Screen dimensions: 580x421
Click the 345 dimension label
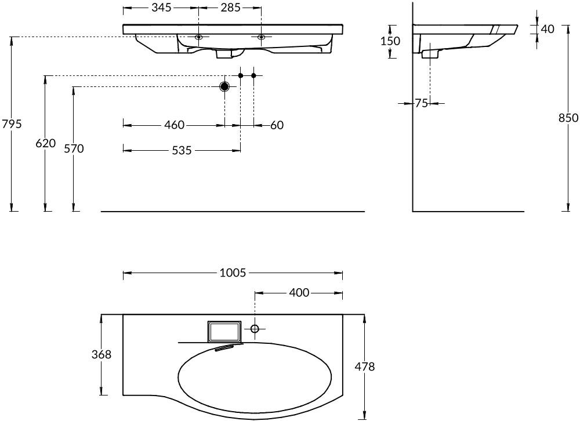click(162, 8)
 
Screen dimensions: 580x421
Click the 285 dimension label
click(230, 8)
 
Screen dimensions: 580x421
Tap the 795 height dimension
click(12, 124)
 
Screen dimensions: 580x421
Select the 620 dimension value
click(45, 143)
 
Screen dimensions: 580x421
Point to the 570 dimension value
click(74, 148)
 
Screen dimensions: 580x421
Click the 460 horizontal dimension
click(174, 125)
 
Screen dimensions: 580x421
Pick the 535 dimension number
click(182, 150)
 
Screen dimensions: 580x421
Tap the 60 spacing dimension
click(277, 125)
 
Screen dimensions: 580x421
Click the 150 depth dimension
click(390, 41)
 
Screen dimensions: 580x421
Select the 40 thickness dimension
click(548, 29)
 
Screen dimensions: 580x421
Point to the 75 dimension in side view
click(421, 103)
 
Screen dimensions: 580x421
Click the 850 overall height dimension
click(568, 118)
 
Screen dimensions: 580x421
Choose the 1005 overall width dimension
click(233, 273)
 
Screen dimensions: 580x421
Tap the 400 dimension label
click(299, 293)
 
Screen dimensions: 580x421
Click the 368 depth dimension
click(101, 354)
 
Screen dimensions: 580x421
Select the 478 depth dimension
click(365, 366)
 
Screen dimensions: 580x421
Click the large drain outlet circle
click(224, 86)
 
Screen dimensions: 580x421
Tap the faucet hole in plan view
click(255, 328)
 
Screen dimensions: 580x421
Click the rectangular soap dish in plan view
click(224, 331)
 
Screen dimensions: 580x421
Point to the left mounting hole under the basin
click(198, 37)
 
